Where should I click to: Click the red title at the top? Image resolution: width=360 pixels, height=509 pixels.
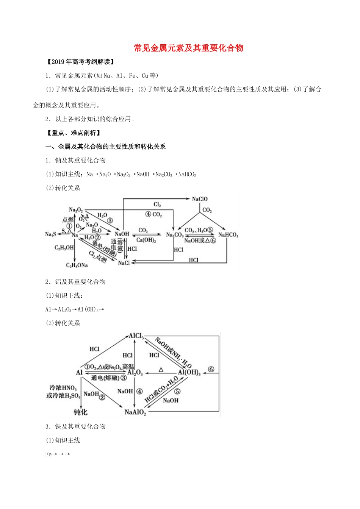pos(188,48)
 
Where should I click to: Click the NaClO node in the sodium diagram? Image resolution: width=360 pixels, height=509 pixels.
pos(200,199)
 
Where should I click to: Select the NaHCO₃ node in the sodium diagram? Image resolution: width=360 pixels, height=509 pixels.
pos(228,235)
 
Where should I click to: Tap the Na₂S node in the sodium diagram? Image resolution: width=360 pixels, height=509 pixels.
pos(50,234)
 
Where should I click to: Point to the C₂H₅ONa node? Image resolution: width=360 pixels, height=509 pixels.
pos(77,265)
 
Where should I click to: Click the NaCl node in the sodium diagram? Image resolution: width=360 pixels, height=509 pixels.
pos(124,263)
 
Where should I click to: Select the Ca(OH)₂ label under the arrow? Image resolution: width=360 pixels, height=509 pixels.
pos(146,240)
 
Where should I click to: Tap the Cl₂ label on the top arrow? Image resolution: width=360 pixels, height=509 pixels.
pos(157,205)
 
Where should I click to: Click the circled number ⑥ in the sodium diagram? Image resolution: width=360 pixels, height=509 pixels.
pos(213,240)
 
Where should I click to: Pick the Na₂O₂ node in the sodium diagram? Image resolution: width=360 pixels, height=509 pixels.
pos(76,210)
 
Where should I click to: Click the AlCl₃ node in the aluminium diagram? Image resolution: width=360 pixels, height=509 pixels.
pos(136,336)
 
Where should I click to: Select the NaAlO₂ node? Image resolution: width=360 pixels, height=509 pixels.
pos(135,412)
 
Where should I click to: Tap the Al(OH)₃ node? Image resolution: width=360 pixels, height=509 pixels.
pos(189,372)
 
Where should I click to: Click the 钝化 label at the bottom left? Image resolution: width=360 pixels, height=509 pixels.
pos(80,412)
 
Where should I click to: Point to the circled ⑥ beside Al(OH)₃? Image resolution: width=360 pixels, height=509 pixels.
pos(211,369)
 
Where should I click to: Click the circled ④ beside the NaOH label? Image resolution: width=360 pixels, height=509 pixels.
pos(139,391)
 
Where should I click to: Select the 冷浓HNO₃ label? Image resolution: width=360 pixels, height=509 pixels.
pos(63,388)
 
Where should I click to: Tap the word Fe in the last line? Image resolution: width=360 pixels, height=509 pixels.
pos(48,454)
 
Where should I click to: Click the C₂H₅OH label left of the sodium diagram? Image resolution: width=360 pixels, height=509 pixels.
pos(64,248)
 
